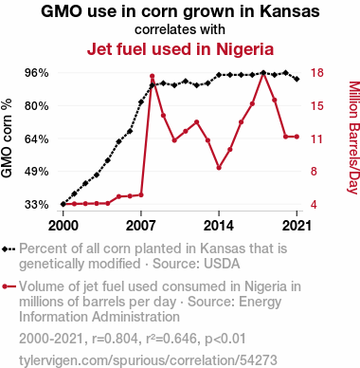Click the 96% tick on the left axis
coord(37,73)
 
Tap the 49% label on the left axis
coord(37,172)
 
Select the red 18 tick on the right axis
coord(317,73)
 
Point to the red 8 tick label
coord(314,172)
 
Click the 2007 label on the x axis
coord(141,226)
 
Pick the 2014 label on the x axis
coord(219,226)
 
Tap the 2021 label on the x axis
coord(297,226)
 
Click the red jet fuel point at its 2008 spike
coord(152,76)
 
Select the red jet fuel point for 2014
coord(219,168)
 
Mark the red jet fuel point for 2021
coord(297,137)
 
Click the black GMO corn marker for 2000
coord(63,204)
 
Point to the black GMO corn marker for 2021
coord(297,79)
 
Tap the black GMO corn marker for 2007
coord(141,102)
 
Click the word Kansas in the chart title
coord(290,11)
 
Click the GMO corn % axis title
coord(7,138)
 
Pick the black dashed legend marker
coord(9,249)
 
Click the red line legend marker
coord(9,286)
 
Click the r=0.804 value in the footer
coord(115,339)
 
